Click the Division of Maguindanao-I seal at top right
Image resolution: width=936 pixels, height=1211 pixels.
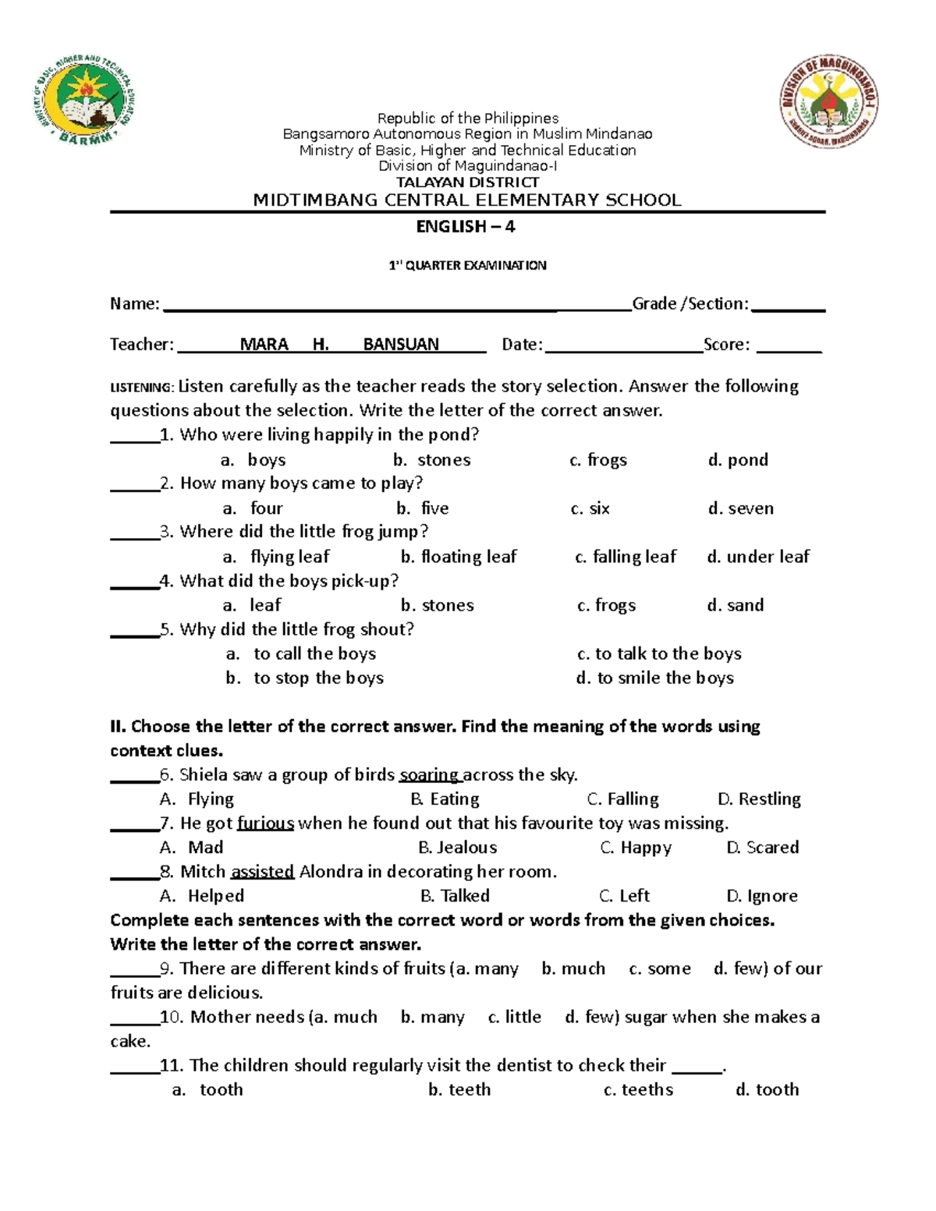click(828, 103)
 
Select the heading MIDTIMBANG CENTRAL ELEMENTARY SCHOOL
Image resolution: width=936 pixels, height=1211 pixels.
click(467, 200)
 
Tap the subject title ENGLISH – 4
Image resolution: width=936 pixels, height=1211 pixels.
click(466, 227)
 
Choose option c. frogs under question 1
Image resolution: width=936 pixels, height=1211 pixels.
click(598, 460)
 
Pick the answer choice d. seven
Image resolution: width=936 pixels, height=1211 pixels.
click(741, 508)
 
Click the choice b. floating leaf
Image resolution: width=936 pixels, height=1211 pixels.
click(459, 557)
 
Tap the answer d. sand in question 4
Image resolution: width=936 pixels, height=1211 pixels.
click(736, 605)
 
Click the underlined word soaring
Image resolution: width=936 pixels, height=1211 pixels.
click(429, 775)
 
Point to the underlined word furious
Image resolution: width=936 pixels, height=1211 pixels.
click(265, 823)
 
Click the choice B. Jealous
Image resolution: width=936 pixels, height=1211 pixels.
click(458, 848)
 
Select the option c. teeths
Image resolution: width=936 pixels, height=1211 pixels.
click(638, 1090)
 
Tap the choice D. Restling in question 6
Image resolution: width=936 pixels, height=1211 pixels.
click(759, 799)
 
